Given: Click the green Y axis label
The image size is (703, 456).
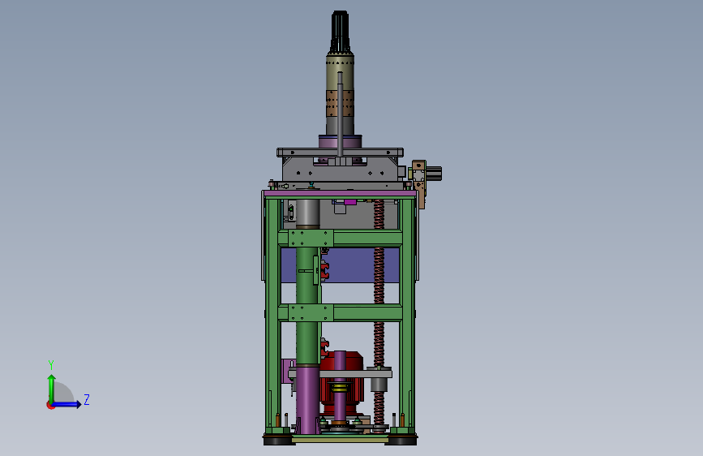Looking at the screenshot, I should click(x=50, y=364).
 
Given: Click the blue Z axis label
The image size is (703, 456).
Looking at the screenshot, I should click(x=86, y=399).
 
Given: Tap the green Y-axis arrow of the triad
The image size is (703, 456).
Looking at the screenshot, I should click(x=50, y=385).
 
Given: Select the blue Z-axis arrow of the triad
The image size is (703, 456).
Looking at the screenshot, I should click(x=69, y=404).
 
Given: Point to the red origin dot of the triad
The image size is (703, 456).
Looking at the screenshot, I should click(x=50, y=405).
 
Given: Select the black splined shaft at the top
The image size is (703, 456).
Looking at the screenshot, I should click(x=340, y=32).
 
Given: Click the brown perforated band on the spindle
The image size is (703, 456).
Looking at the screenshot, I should click(x=340, y=104).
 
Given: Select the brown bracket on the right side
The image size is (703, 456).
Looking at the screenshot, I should click(x=419, y=183).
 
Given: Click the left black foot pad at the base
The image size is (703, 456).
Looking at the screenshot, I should click(x=277, y=440).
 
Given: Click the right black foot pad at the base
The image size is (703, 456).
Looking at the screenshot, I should click(x=401, y=440).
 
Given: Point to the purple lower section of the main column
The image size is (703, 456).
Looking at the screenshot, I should click(x=307, y=398).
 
